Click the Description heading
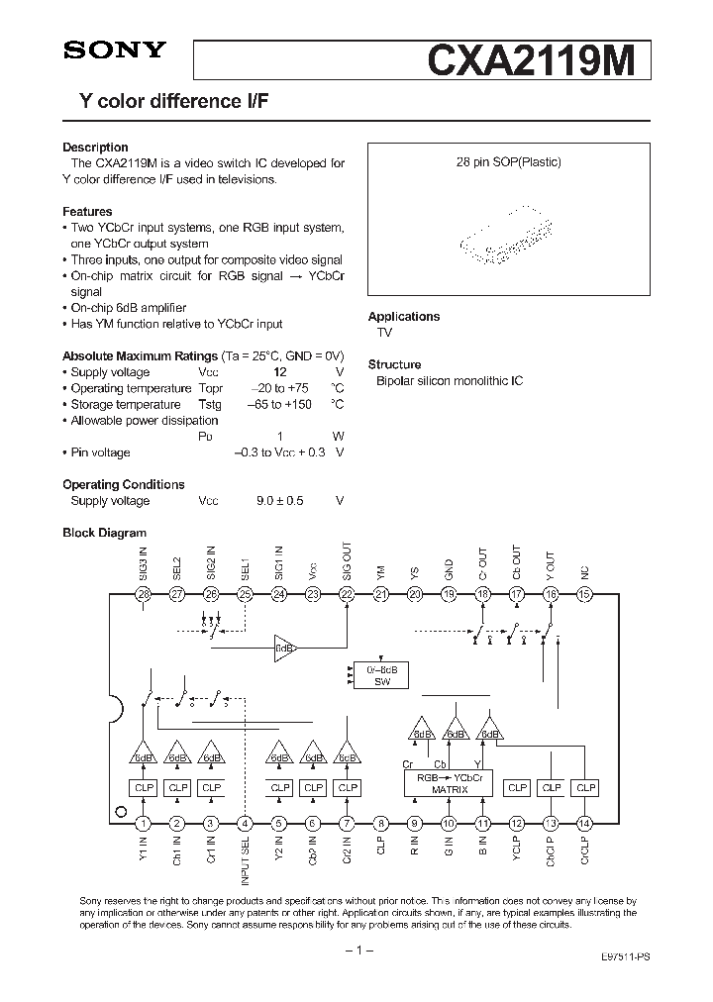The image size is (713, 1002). [x=95, y=148]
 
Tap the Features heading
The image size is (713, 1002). [x=87, y=212]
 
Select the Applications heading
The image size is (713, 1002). [x=404, y=317]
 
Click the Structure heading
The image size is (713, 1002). [x=394, y=364]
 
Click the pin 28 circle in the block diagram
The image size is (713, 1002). [x=144, y=594]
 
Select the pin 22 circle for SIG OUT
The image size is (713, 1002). [x=347, y=594]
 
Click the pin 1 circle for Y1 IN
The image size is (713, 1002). [x=144, y=823]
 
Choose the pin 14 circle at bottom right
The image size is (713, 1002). [x=584, y=823]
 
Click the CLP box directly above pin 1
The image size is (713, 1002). [x=144, y=788]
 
